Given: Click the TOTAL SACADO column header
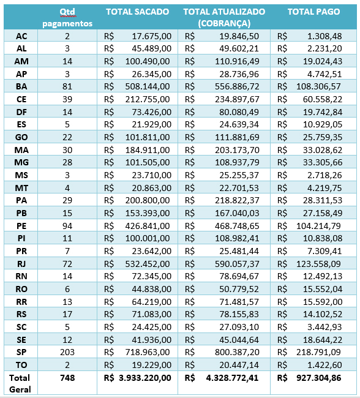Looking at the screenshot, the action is tap(137, 12).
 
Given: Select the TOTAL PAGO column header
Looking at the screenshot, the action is tap(313, 12).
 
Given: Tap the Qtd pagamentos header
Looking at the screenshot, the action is tap(67, 18).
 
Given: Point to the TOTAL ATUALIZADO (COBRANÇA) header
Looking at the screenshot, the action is tap(224, 18).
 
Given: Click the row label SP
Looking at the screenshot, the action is tap(21, 352).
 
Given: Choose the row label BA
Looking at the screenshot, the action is tap(21, 86).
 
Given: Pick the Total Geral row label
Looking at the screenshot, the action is tap(20, 383).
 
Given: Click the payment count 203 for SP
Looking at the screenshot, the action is tap(67, 352).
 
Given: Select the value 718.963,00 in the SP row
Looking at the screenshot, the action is tap(148, 352).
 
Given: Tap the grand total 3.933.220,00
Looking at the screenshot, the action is tap(145, 378).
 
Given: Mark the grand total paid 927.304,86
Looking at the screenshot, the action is tap(319, 378).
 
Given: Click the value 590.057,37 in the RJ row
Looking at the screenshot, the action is tap(237, 264).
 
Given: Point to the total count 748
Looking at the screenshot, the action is tap(67, 378).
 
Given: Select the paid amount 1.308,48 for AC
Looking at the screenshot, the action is tap(324, 36).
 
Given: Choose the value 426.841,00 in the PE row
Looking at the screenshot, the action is tap(148, 226).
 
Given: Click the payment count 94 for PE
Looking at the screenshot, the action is tap(67, 226).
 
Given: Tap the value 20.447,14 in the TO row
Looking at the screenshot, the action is tap(239, 365).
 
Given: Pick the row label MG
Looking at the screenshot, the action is tap(21, 162).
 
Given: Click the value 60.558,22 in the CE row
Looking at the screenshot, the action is tap(323, 99).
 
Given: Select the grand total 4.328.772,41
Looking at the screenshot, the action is tap(232, 378).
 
